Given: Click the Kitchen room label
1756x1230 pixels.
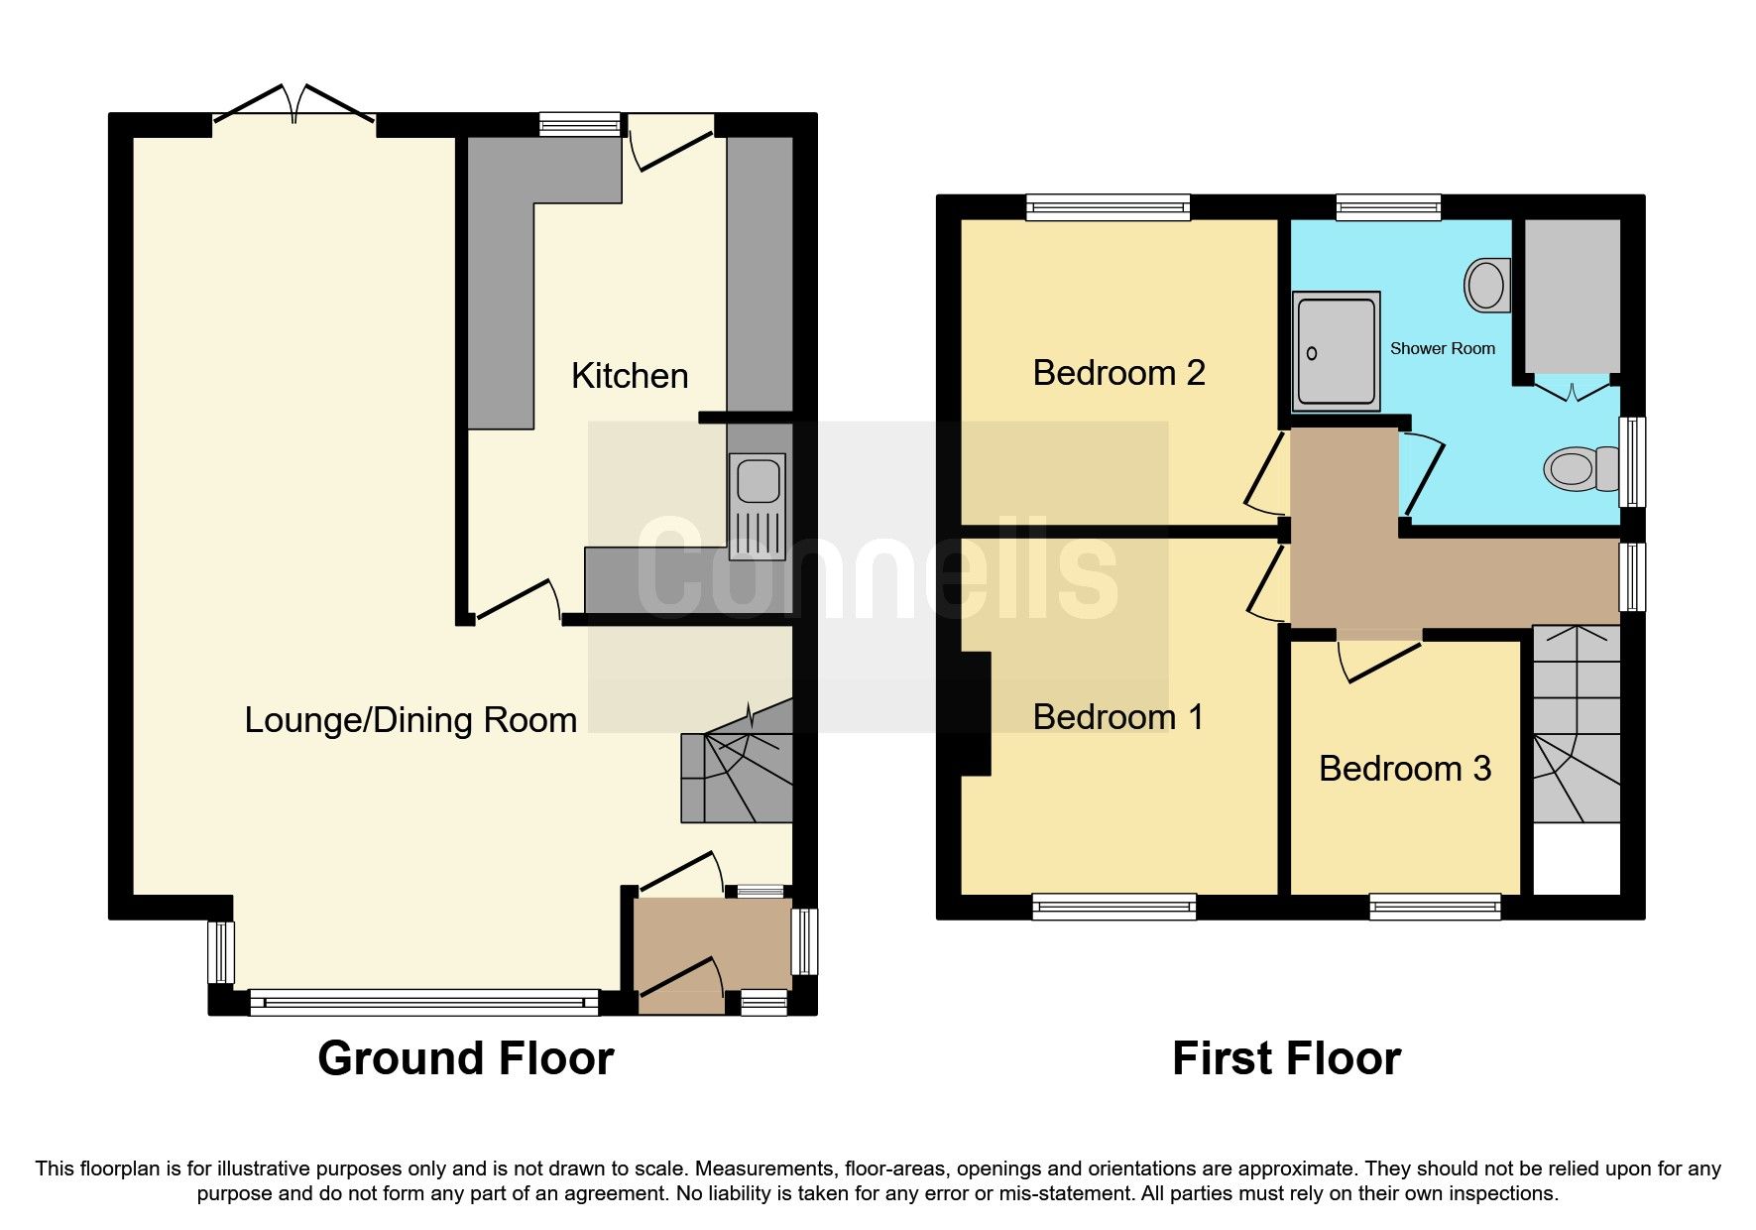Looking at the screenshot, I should coord(630,376).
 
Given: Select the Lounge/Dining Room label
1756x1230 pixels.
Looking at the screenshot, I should coord(410,720).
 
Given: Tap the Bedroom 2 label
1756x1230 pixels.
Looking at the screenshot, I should coord(1118,373).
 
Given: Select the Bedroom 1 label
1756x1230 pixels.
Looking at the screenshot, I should coord(1118,717).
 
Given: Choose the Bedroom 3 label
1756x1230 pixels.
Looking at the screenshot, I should coord(1405,769).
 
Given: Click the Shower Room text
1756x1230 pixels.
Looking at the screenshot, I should coord(1442,348).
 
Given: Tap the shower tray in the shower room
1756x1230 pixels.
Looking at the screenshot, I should coord(1336,350).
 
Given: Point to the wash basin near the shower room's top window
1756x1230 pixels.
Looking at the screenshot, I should coord(1486,285).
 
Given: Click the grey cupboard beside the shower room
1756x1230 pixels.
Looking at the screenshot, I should coord(1572,295).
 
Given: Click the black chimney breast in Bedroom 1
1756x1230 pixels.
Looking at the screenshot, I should coord(976,712).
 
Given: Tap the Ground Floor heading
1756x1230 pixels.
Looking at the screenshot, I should coord(465,1058).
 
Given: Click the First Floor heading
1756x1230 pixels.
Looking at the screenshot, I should coord(1286,1058).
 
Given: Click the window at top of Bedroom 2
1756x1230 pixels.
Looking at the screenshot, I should coord(1108,207).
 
